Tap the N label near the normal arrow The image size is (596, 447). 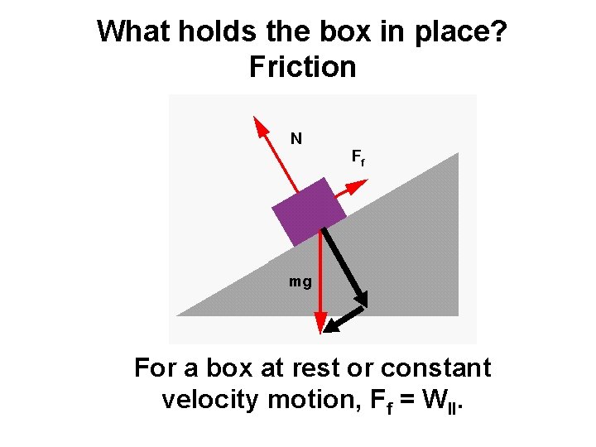(x=296, y=138)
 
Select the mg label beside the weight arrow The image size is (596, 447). (x=300, y=282)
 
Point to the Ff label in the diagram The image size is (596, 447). (x=358, y=156)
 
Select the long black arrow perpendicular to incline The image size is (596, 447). (x=344, y=265)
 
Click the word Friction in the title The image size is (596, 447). (x=302, y=67)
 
